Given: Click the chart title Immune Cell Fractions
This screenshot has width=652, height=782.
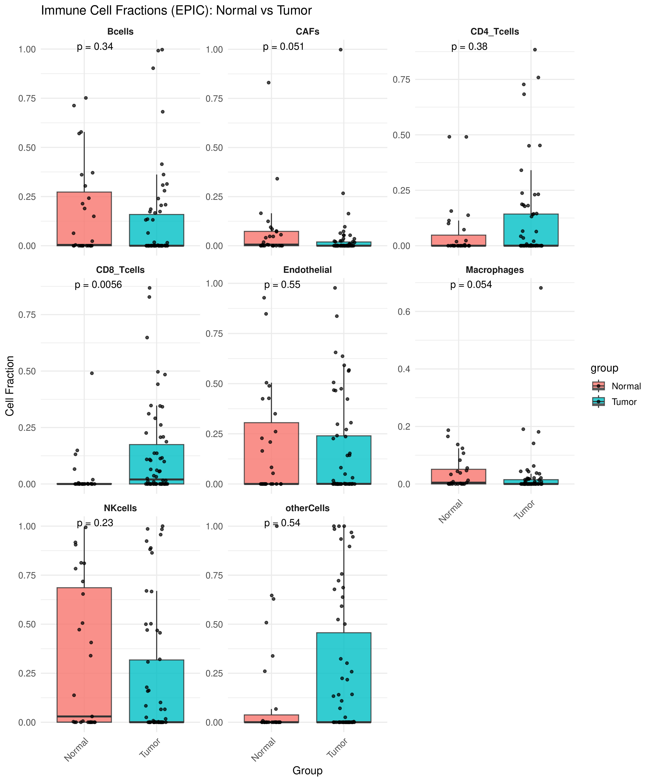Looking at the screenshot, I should click(x=176, y=10).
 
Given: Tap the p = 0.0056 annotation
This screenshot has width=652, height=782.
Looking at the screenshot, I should click(x=98, y=285).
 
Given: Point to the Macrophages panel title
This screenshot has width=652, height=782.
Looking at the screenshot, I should click(x=494, y=270).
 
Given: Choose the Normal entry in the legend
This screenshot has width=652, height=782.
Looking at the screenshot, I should click(x=626, y=386).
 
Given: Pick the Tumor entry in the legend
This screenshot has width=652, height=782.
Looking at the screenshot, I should click(x=624, y=402).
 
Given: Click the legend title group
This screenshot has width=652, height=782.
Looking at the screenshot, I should click(x=604, y=368).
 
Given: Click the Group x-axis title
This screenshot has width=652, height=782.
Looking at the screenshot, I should click(x=307, y=770).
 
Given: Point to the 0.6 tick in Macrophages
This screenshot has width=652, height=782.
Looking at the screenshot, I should click(x=404, y=312).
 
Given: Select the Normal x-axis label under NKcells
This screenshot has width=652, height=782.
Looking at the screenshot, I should click(x=76, y=749).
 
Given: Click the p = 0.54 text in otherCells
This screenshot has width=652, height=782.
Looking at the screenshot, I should click(x=282, y=523).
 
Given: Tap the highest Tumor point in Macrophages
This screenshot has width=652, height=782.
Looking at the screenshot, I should click(x=541, y=288).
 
